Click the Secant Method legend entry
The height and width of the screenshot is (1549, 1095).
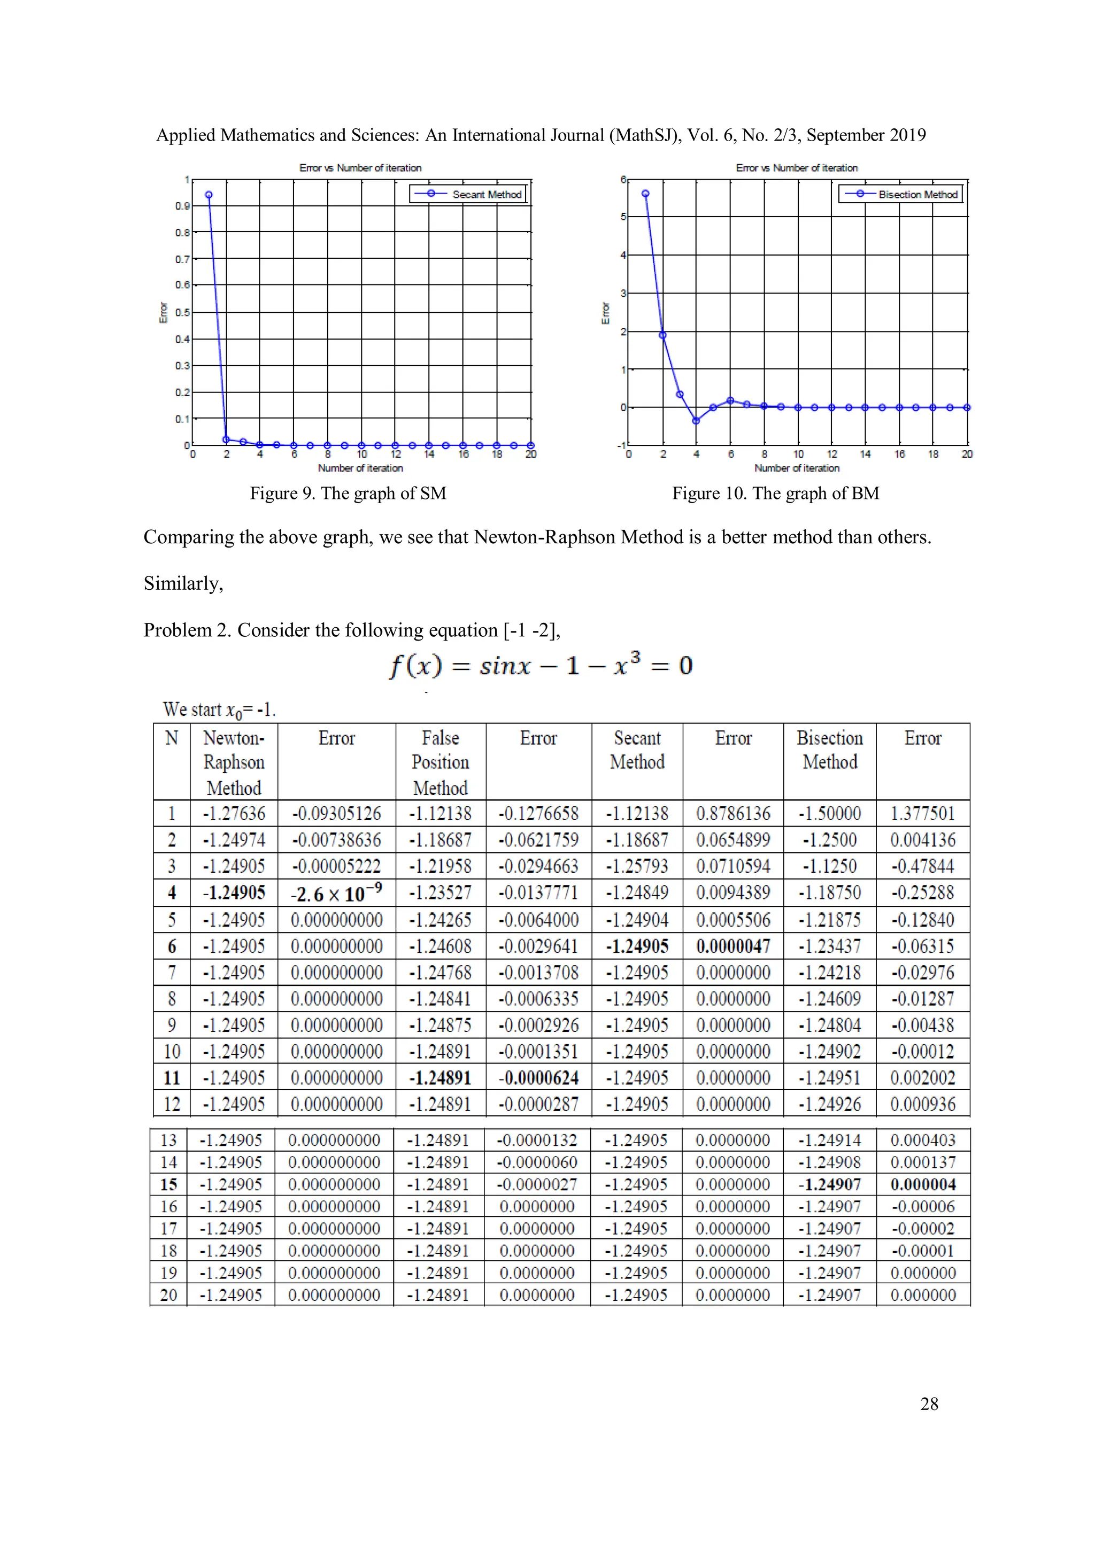pos(486,194)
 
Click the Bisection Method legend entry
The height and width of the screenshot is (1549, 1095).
pos(917,194)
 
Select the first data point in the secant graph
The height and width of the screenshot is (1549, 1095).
pos(209,195)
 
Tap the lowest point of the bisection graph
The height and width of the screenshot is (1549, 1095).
pos(696,420)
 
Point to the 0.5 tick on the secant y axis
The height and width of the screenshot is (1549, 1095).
pos(183,312)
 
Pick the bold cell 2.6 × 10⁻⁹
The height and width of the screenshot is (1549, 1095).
pos(336,893)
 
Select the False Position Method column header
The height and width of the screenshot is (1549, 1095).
pos(440,762)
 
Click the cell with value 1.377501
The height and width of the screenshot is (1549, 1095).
pos(922,814)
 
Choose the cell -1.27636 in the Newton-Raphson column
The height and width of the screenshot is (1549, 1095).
pos(234,814)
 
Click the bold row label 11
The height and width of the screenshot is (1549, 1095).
pos(172,1078)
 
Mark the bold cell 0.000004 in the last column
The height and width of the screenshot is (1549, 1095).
pos(923,1185)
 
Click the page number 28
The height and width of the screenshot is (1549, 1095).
pos(929,1404)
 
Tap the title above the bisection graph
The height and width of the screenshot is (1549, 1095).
pos(796,168)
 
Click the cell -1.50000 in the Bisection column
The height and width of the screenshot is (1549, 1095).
pos(829,814)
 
